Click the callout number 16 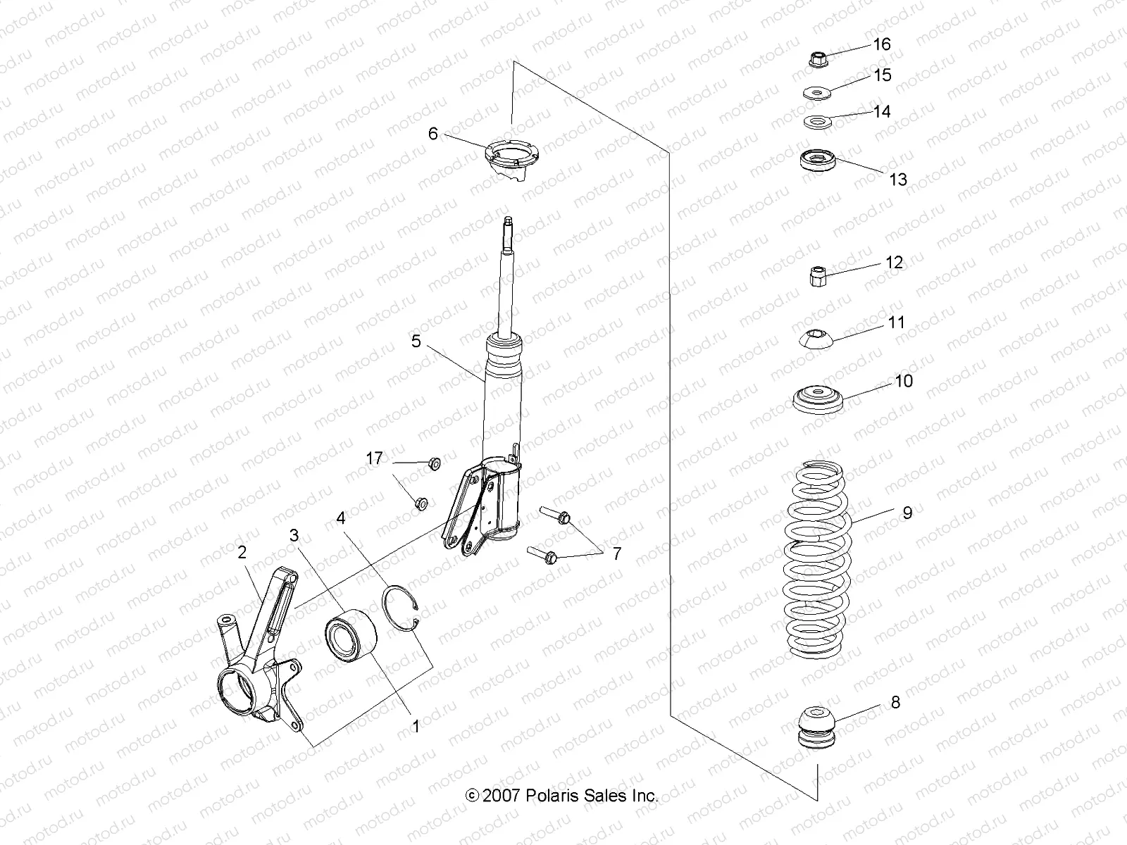[882, 44]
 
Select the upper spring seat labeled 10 [817, 399]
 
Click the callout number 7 [616, 554]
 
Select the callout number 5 [416, 342]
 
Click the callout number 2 [242, 553]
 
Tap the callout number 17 [374, 459]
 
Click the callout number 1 [416, 727]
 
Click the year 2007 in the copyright [502, 796]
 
